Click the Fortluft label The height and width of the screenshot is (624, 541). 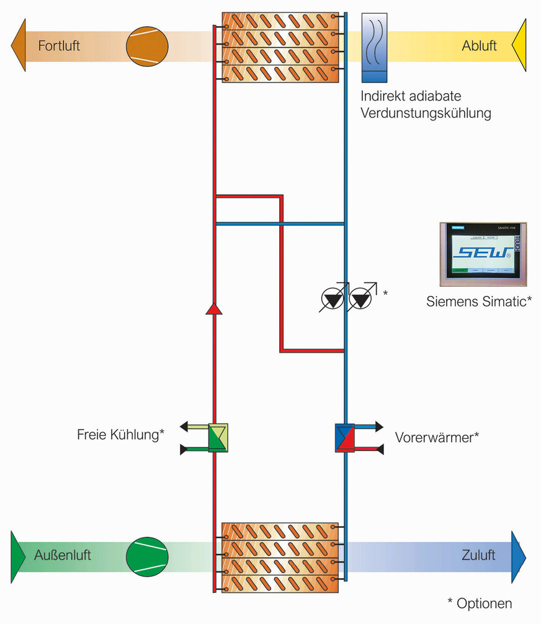[x=59, y=46]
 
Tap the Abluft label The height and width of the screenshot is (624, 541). [x=479, y=46]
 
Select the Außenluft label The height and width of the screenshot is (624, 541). [x=62, y=555]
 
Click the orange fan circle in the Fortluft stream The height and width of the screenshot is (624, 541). [x=147, y=46]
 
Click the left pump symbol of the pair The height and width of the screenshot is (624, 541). [x=333, y=300]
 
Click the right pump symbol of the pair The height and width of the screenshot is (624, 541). [x=361, y=300]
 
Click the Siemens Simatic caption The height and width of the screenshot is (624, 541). [x=478, y=302]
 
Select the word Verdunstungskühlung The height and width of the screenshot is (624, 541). [x=426, y=114]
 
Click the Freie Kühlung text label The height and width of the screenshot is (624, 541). [x=120, y=435]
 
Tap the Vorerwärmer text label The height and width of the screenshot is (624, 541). [x=437, y=437]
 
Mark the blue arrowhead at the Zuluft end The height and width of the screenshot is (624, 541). [x=519, y=555]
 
